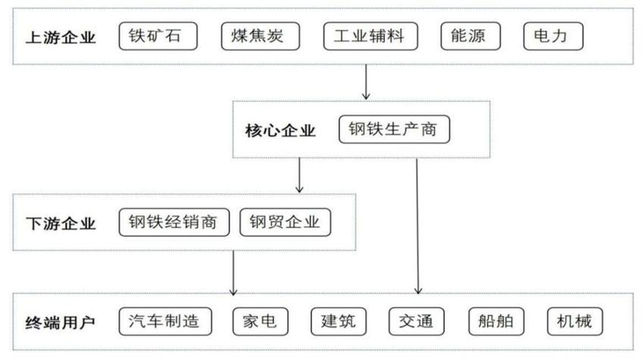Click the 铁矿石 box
pos(158,36)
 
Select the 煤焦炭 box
pos(261,36)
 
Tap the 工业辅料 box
pos(372,36)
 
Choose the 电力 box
pos(554,36)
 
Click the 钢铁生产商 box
pos(393,130)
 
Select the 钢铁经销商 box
pos(173,222)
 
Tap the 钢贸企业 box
pos(286,222)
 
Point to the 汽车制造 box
pos(164,321)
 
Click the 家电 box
pos(260,321)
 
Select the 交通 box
pos(417,321)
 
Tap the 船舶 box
pos(496,321)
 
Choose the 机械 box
pos(575,321)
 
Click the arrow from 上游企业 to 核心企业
pos(367,82)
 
